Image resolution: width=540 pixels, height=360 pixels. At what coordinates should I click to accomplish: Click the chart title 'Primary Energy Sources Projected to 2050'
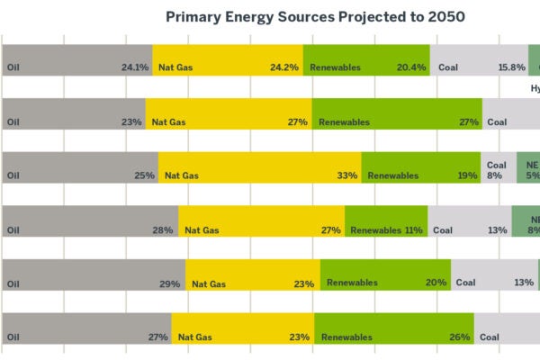pos(315,17)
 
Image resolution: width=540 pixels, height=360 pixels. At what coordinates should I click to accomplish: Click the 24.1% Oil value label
pos(135,67)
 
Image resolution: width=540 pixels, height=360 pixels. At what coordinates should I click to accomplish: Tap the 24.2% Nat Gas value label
pos(284,67)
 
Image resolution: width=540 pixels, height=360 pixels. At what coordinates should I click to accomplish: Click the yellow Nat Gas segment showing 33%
pos(260,167)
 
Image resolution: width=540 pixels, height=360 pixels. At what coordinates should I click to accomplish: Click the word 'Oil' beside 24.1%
pos(13,67)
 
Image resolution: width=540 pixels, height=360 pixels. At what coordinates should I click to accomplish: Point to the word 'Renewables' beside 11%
pos(375,230)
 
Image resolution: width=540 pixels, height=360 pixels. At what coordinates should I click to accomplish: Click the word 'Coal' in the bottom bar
pos(490,337)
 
